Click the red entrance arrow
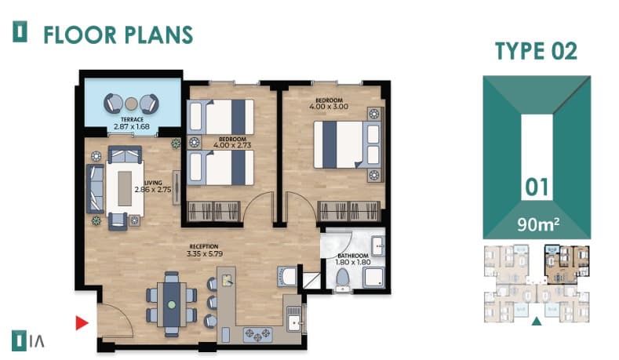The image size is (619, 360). click(x=82, y=322)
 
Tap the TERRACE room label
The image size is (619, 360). click(x=133, y=119)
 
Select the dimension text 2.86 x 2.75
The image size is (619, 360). click(x=153, y=190)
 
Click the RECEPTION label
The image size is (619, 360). click(x=204, y=247)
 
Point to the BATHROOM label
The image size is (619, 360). click(x=353, y=256)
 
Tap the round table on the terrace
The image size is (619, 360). click(x=131, y=104)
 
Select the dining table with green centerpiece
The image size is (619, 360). click(x=172, y=304)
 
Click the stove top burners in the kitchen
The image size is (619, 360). click(x=258, y=334)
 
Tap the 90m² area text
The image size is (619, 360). click(x=537, y=224)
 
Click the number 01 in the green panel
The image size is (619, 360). click(x=537, y=187)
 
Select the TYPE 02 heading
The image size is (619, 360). click(x=536, y=51)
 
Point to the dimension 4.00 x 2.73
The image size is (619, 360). click(x=232, y=145)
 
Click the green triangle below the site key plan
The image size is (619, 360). click(x=536, y=321)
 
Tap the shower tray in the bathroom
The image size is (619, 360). click(x=373, y=277)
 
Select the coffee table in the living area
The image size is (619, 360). click(x=125, y=189)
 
